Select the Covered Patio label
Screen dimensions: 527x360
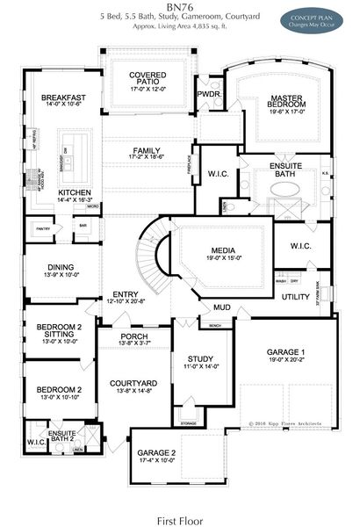tap(147, 81)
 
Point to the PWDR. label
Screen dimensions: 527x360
tap(208, 92)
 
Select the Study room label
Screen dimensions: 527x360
tap(201, 359)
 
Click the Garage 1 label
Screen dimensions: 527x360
tap(286, 353)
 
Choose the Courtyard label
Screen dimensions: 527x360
tap(133, 384)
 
